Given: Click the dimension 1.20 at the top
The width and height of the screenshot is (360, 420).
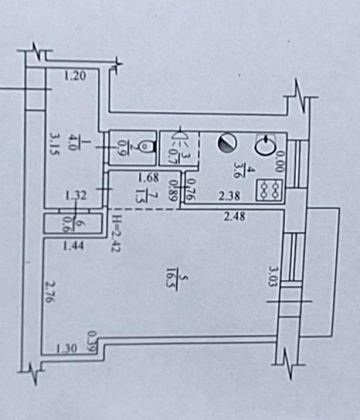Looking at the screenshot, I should (x=75, y=75).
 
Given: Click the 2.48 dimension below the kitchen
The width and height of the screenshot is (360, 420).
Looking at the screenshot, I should (x=235, y=216).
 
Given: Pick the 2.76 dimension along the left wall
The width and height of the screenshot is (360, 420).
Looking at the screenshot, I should (x=50, y=292).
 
